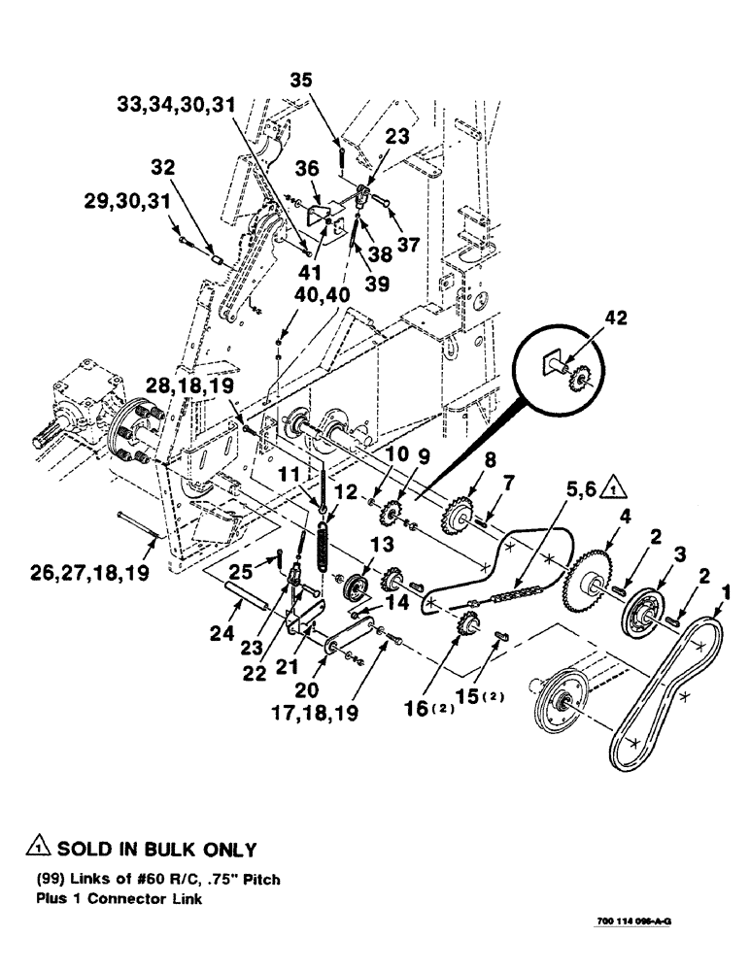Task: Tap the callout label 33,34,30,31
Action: pyautogui.click(x=178, y=104)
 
